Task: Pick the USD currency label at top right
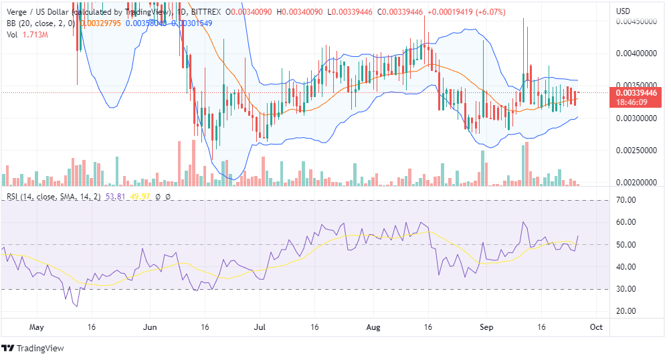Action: pyautogui.click(x=623, y=12)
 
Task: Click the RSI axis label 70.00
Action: pyautogui.click(x=626, y=200)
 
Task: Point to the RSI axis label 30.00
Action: pyautogui.click(x=626, y=289)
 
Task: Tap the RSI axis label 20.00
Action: pyautogui.click(x=626, y=311)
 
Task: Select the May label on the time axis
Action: pyautogui.click(x=37, y=327)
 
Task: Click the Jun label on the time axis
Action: pyautogui.click(x=150, y=327)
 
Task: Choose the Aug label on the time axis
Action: pyautogui.click(x=374, y=327)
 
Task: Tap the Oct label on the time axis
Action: pyautogui.click(x=597, y=327)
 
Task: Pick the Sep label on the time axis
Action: pyautogui.click(x=487, y=327)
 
